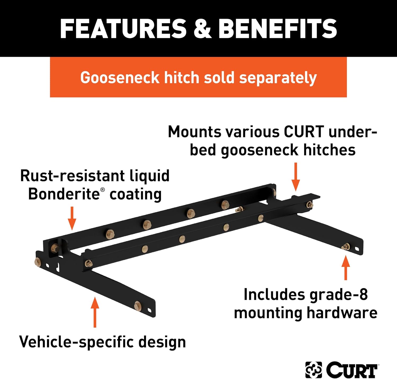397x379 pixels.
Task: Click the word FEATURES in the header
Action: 123,29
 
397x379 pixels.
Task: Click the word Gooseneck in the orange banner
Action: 120,78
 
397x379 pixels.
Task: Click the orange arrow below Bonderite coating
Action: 72,218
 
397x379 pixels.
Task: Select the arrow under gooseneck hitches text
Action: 296,177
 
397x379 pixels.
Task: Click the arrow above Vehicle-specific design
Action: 95,312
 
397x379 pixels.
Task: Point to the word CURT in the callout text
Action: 304,132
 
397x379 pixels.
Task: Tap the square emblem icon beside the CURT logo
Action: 314,370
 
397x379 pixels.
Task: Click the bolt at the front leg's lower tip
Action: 138,306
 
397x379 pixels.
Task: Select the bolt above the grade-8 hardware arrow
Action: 346,247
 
